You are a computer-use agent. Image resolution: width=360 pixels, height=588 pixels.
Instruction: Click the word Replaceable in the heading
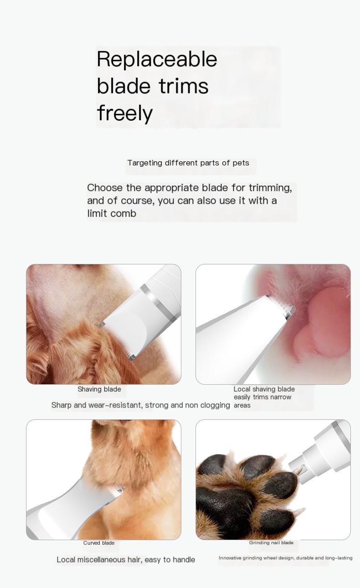pyautogui.click(x=157, y=59)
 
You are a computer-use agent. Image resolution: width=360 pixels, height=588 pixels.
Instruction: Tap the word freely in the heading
pyautogui.click(x=125, y=113)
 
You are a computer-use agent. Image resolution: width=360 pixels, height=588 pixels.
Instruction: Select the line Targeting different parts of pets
pyautogui.click(x=188, y=163)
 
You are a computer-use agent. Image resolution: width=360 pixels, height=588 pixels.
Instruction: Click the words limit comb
pyautogui.click(x=112, y=213)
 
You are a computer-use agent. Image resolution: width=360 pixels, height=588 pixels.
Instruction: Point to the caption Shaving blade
pyautogui.click(x=99, y=389)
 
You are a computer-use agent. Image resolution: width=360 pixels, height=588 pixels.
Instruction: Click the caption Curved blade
pyautogui.click(x=99, y=542)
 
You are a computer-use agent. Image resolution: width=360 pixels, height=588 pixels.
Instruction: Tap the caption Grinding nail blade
pyautogui.click(x=271, y=542)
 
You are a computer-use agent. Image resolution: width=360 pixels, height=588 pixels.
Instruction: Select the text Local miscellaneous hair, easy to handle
pyautogui.click(x=126, y=559)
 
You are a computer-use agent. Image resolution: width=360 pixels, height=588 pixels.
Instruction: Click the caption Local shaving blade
pyautogui.click(x=264, y=389)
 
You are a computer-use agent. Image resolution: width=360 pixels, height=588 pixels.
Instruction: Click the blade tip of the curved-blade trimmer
pyautogui.click(x=120, y=489)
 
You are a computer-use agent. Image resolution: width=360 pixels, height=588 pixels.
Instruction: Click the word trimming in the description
pyautogui.click(x=270, y=188)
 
